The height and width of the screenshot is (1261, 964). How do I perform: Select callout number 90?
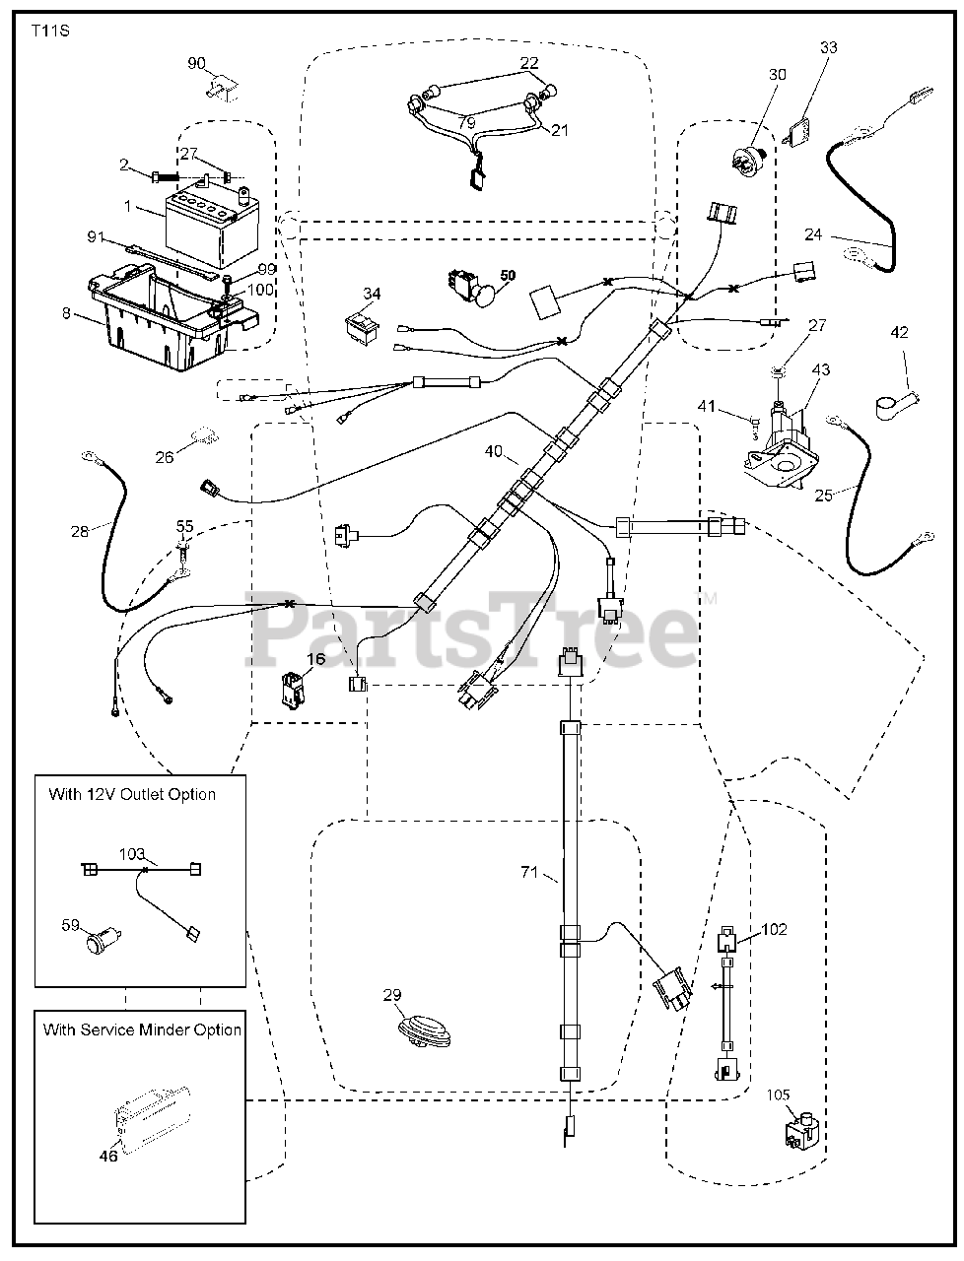[x=197, y=64]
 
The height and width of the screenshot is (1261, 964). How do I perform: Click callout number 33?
[x=828, y=46]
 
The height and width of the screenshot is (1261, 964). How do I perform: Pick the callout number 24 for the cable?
[x=812, y=235]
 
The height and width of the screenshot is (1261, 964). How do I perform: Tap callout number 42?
[x=899, y=333]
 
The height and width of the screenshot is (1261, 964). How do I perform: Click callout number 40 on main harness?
[x=493, y=452]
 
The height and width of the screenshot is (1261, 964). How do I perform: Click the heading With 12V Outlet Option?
[x=132, y=794]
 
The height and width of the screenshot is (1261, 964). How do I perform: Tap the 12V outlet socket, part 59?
[x=101, y=942]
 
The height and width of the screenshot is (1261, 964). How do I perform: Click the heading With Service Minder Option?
[x=142, y=1029]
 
